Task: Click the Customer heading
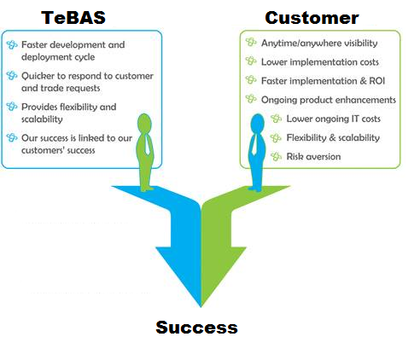click(312, 17)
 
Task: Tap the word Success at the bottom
click(196, 327)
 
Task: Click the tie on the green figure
click(147, 157)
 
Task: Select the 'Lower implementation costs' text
click(320, 62)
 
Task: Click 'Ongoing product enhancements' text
click(329, 100)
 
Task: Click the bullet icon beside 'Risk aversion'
click(277, 156)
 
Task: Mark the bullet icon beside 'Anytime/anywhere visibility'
click(250, 43)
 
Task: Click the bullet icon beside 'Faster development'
click(11, 45)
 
